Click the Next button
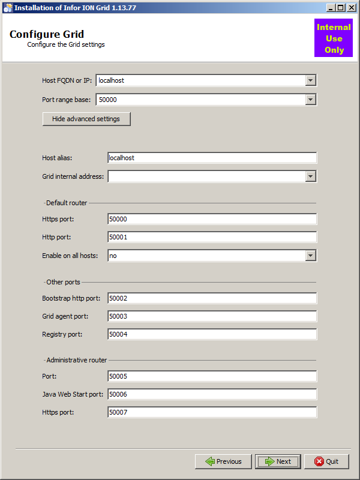tap(278, 461)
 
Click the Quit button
tap(326, 461)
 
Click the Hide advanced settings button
tap(86, 119)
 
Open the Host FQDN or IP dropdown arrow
tap(310, 80)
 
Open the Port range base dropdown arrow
tap(310, 100)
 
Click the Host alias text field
tap(212, 158)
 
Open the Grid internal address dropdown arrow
tap(310, 176)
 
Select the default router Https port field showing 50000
tap(212, 219)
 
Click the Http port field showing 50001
tap(212, 237)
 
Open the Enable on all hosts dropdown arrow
tap(310, 256)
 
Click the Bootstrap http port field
tap(212, 298)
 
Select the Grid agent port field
tap(212, 316)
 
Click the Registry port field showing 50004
tap(212, 334)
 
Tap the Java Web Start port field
tap(212, 395)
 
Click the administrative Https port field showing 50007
tap(212, 413)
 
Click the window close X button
tap(352, 8)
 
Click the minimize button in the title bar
tap(331, 8)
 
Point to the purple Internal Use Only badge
tap(334, 38)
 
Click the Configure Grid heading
tap(47, 34)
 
